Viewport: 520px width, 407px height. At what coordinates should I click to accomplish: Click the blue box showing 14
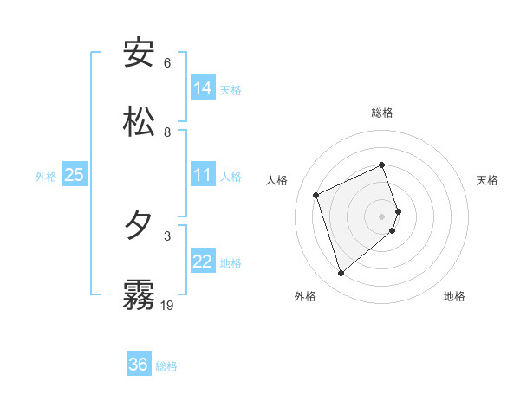coord(203,88)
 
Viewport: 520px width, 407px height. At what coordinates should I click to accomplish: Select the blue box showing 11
coord(203,175)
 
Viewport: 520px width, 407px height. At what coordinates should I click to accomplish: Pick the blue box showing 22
coord(203,262)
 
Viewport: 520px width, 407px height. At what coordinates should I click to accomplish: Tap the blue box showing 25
coord(75,175)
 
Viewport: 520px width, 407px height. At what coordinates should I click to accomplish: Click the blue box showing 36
coord(139,365)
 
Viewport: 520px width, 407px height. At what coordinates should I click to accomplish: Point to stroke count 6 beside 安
coord(167,62)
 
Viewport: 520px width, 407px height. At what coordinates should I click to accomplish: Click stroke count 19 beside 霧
coord(167,305)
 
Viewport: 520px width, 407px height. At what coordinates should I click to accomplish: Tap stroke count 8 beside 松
coord(167,132)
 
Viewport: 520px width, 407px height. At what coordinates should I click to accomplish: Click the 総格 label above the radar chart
coord(382,113)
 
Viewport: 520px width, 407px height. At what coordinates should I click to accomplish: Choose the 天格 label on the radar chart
coord(487,180)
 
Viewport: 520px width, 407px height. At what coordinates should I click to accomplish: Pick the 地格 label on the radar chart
coord(454,296)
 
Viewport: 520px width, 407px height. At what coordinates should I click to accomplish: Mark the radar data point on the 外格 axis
coord(341,274)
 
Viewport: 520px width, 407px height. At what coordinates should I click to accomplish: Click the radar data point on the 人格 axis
coord(316,195)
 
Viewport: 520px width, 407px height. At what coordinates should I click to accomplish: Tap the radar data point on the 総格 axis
coord(382,165)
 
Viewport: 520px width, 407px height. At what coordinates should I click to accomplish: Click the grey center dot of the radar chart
coord(382,216)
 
